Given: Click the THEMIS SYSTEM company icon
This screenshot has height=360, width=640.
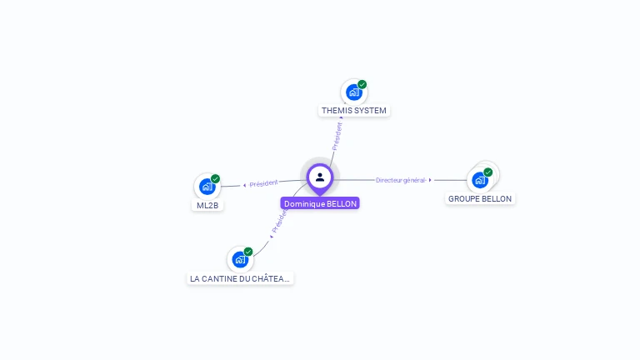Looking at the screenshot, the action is (354, 92).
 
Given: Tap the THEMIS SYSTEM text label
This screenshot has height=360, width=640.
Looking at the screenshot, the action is (354, 110).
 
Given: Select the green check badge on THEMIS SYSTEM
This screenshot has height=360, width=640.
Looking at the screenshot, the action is (362, 84).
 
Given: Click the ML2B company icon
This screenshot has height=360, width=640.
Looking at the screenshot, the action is (207, 187).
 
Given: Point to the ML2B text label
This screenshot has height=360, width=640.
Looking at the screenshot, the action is (207, 205).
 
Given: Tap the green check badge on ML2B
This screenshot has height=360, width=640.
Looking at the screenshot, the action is (215, 179).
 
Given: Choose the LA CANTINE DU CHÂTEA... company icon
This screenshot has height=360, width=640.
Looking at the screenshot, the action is (240, 259).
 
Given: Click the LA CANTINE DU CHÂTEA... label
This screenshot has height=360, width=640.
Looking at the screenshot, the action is (241, 278).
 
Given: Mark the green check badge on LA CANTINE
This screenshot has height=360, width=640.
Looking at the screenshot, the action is (248, 252).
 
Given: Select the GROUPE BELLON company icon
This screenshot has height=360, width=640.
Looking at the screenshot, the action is (479, 179).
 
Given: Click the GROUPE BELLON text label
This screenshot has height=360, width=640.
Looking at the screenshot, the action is (480, 198).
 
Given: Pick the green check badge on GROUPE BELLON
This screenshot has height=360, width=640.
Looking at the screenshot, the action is (488, 172).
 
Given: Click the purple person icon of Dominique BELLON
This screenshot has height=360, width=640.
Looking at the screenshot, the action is (320, 177).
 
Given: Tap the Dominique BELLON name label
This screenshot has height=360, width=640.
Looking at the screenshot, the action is (320, 203).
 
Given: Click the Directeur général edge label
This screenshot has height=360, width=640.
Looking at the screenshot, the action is (400, 180).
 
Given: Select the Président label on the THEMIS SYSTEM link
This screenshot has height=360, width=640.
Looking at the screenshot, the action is (337, 136).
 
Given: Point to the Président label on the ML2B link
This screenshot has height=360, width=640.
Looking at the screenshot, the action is (263, 183).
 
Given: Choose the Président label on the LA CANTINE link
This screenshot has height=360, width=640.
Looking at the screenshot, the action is (280, 221).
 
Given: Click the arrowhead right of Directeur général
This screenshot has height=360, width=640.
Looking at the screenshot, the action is (430, 180).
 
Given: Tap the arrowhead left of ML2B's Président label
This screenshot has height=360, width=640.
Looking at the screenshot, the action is (244, 185).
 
